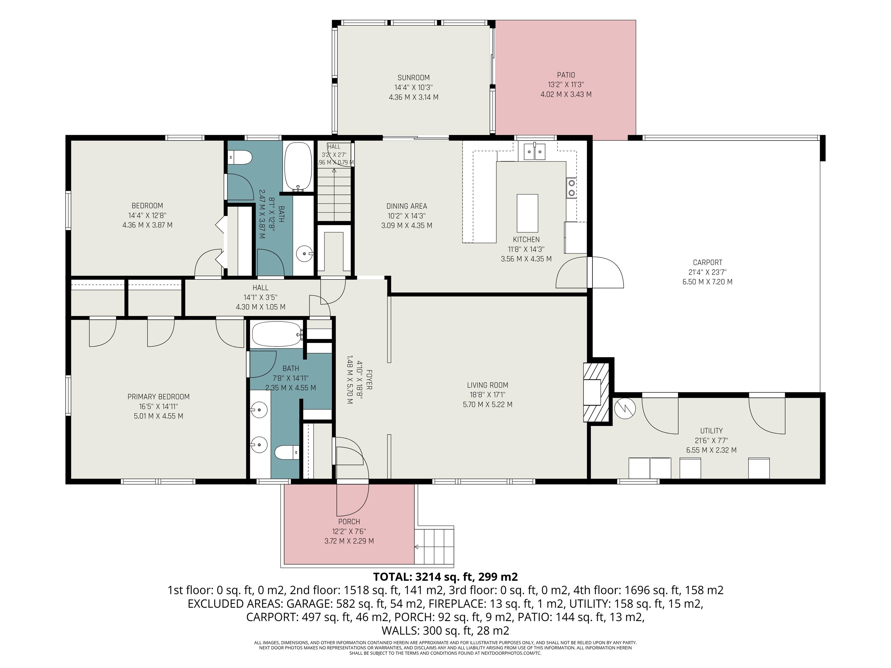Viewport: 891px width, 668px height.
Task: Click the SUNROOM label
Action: coord(413,78)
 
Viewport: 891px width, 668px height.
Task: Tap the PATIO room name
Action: coord(566,75)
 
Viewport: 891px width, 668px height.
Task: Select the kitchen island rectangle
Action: coord(528,211)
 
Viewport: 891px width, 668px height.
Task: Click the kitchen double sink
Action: coord(535,152)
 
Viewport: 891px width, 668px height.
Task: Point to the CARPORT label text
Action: coord(708,262)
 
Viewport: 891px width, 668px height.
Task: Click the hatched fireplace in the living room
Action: coord(596,392)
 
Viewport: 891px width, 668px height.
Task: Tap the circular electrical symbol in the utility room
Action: coord(625,408)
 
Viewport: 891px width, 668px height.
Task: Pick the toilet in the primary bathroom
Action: coord(287,452)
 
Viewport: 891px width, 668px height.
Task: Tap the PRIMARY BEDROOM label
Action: coord(158,397)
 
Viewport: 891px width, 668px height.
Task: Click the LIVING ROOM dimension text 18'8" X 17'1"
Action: coord(487,395)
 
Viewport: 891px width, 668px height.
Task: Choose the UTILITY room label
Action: coord(711,431)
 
